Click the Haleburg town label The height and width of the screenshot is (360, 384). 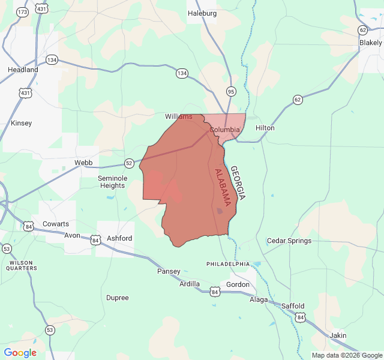tap(202, 13)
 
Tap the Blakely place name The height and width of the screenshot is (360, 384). tap(370, 43)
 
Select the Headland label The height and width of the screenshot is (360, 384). tap(23, 70)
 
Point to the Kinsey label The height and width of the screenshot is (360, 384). tap(22, 123)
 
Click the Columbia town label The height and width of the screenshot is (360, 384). tap(224, 130)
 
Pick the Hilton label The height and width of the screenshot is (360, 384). tap(265, 128)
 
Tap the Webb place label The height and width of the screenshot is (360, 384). tap(83, 163)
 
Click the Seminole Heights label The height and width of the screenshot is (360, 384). tap(112, 182)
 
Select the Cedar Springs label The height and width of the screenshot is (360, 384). tap(289, 241)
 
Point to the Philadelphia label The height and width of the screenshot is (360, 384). tap(227, 263)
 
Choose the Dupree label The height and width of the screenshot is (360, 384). tap(117, 298)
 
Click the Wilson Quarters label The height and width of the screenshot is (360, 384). tap(22, 265)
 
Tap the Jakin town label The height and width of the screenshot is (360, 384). tap(338, 335)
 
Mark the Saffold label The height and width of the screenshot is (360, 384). tap(293, 305)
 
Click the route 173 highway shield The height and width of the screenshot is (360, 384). tap(23, 11)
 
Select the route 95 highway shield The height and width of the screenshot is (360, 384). tap(231, 91)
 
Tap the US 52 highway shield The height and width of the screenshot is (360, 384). tap(129, 163)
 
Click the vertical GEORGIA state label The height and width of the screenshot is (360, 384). tap(238, 183)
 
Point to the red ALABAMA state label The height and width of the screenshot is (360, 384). tap(223, 188)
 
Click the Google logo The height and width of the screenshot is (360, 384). tap(20, 353)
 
